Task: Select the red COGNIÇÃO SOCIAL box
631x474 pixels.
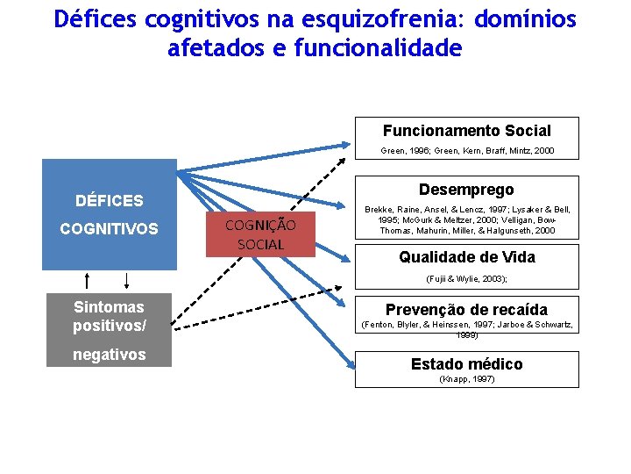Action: coord(260,234)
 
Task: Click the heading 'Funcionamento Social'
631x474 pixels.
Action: coord(466,131)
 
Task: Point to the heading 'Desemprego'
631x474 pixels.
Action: coord(466,190)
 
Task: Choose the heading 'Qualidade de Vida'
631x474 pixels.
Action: coord(466,257)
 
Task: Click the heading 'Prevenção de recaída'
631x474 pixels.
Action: coord(466,310)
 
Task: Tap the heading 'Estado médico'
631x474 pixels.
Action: coord(466,363)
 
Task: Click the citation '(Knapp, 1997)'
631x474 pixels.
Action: coord(466,379)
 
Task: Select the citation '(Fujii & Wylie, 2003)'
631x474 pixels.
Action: coord(466,278)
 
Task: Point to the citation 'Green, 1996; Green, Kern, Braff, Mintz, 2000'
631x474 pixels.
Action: coord(466,151)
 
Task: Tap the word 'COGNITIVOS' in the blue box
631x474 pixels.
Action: coord(109,228)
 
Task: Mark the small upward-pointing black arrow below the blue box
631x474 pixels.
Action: coord(87,280)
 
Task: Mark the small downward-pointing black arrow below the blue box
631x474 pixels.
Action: coord(127,280)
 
